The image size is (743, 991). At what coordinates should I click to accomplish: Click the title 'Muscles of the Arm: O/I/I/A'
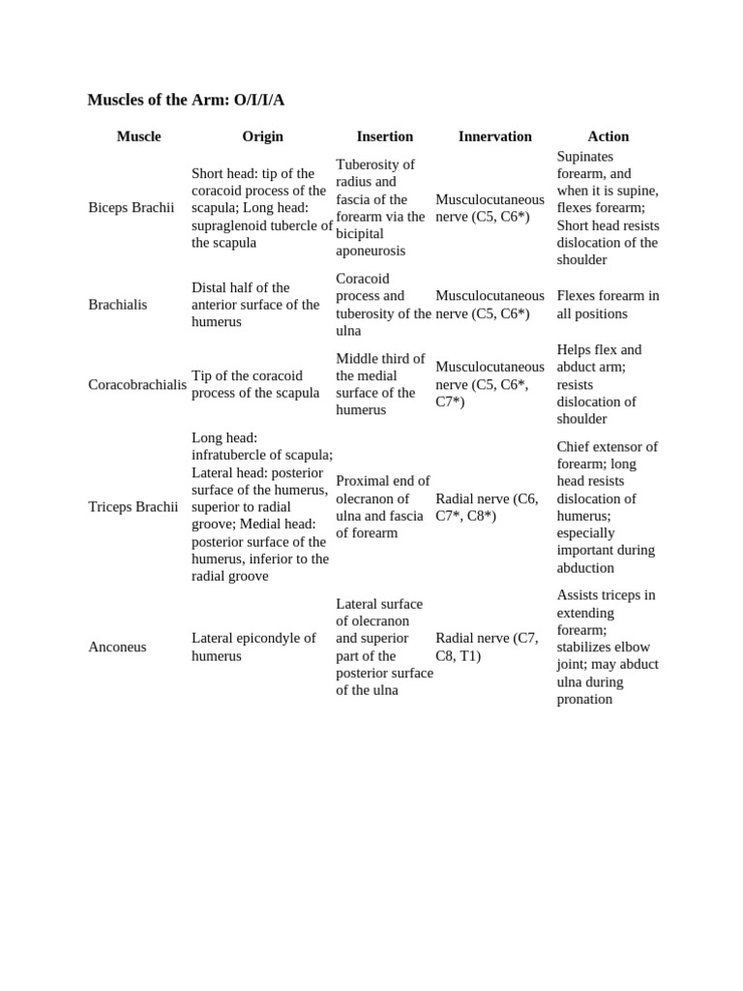point(186,101)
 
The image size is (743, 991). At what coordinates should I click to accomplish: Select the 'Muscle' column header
point(138,136)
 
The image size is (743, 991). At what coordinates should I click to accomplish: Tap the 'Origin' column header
point(262,136)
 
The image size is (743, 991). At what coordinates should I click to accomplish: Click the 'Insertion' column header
point(384,136)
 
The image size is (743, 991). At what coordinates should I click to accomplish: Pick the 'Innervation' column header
point(494,136)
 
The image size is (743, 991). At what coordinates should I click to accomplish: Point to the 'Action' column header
point(608,136)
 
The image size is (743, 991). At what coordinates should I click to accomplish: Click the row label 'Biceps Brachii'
point(131,208)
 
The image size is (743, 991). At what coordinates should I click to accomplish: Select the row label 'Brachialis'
point(117,305)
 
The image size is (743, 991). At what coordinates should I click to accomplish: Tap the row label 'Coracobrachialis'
point(137,384)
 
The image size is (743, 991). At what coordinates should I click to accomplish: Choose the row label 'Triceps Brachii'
point(134,507)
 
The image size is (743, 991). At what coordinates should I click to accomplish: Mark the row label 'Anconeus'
point(117,646)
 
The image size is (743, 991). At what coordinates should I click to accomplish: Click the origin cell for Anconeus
point(253,646)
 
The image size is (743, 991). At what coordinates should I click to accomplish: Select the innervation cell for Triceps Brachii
point(487,507)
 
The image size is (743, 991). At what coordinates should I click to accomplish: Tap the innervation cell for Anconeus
point(487,646)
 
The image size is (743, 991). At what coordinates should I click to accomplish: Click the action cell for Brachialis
point(608,305)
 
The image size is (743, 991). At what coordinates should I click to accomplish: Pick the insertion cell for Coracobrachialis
point(380,384)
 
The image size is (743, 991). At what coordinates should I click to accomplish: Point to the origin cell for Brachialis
point(255,305)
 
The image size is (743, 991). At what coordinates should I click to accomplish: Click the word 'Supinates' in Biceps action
point(585,157)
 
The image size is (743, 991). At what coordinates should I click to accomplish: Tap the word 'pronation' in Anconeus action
point(584,699)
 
